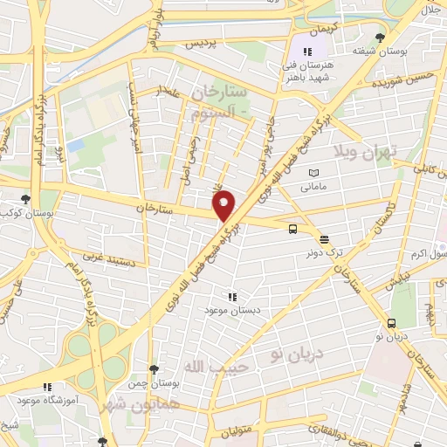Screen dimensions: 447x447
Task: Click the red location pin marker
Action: [225, 204]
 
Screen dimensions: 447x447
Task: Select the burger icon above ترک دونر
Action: [324, 237]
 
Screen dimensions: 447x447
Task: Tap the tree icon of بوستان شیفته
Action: [378, 37]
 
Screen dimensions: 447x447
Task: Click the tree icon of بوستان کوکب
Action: [24, 199]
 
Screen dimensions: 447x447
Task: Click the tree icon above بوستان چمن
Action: [154, 368]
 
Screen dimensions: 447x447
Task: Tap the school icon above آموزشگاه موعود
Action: [48, 385]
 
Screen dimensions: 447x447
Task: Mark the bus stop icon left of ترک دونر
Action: [292, 230]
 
